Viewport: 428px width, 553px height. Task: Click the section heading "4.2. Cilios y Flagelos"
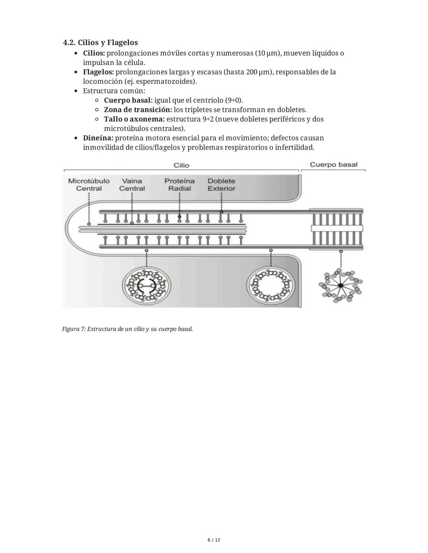(x=100, y=42)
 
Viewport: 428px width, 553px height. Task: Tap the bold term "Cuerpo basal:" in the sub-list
(x=128, y=100)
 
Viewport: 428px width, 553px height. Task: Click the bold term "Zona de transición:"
(x=138, y=110)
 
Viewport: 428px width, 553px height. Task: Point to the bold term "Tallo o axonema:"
(x=134, y=119)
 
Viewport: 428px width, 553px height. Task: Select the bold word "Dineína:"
(x=98, y=138)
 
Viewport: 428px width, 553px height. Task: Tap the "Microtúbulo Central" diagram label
(x=89, y=185)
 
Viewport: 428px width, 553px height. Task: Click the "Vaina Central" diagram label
(x=132, y=185)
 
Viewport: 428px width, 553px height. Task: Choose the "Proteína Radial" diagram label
(x=180, y=185)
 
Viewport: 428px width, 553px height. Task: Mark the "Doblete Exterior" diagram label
(x=221, y=185)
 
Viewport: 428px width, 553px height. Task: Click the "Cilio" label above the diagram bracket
(x=181, y=165)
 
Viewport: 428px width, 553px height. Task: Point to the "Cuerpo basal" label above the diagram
(x=333, y=165)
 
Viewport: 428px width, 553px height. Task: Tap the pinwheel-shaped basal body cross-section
(x=340, y=285)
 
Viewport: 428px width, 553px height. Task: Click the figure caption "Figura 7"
(x=127, y=329)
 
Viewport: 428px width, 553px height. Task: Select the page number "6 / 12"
(x=214, y=540)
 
